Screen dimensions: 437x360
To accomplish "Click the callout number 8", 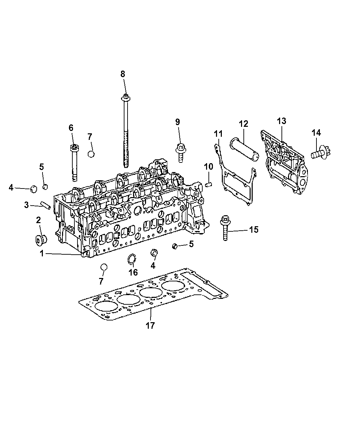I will [x=123, y=74].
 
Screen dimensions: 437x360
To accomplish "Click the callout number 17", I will [x=151, y=325].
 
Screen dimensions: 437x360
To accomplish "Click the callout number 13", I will [x=281, y=121].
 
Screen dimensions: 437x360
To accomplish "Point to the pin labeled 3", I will [x=46, y=204].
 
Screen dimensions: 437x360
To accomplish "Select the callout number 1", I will [x=42, y=254].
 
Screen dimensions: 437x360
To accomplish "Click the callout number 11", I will [x=218, y=133].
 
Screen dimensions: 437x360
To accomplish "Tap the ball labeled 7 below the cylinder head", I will [x=104, y=267].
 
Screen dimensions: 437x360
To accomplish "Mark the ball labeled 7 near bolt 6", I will [x=91, y=154].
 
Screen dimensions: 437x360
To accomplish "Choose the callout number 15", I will [x=253, y=230].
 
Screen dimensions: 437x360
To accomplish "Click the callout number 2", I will [x=38, y=219].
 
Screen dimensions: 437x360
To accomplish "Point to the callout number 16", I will [x=133, y=272].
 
